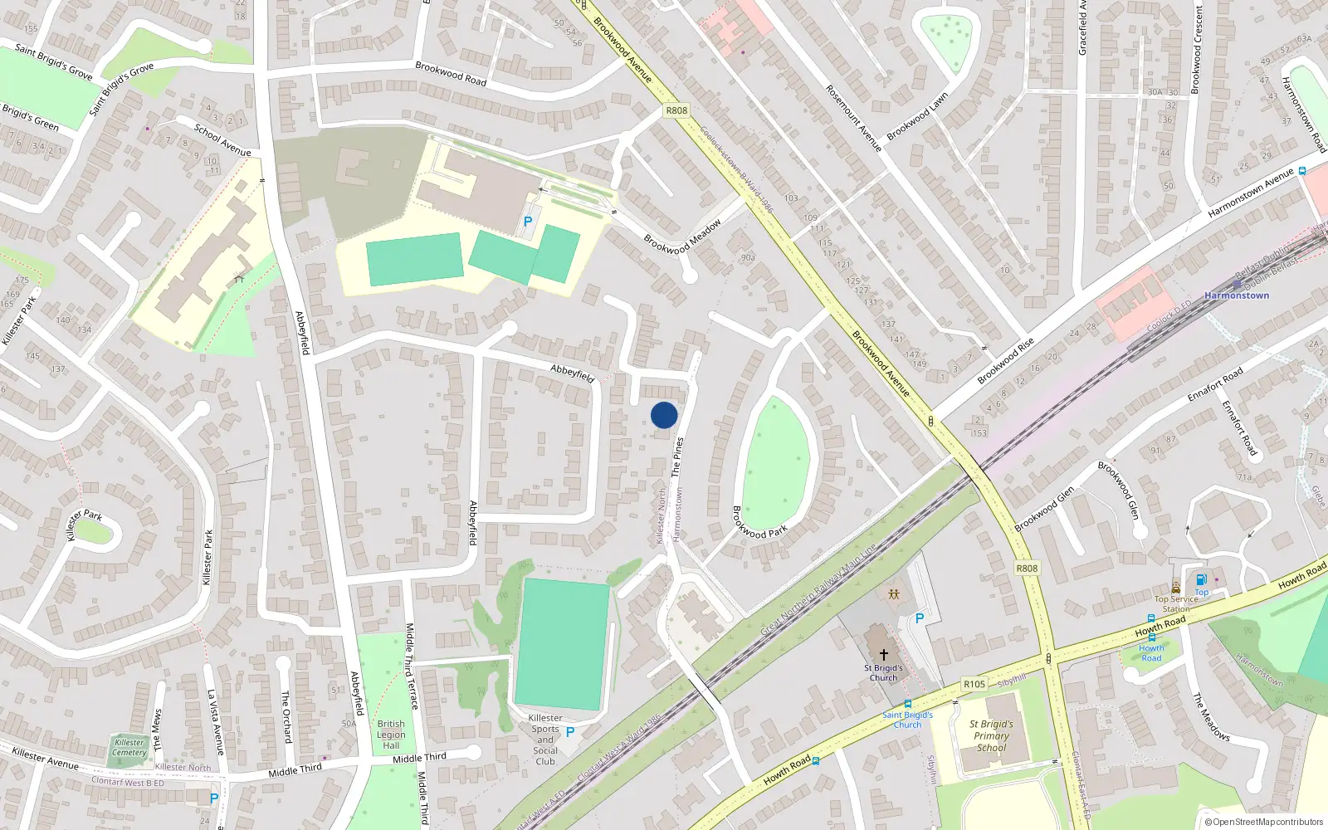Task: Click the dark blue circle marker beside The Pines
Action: [x=664, y=415]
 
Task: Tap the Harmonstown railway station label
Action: [x=1236, y=295]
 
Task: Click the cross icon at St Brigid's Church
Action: [x=884, y=655]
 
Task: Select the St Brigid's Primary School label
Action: [x=991, y=735]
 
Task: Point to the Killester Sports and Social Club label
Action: [x=545, y=740]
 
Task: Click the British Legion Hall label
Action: [x=391, y=735]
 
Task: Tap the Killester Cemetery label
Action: [x=129, y=748]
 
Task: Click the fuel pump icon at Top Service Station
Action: [x=1201, y=580]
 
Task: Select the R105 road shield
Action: [x=974, y=685]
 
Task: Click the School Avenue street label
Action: [x=222, y=139]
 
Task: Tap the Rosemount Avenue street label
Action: [x=853, y=117]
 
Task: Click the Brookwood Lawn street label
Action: [x=917, y=117]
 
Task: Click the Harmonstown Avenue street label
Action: [x=1251, y=193]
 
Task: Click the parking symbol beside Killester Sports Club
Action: [x=570, y=732]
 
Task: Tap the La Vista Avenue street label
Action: [x=216, y=722]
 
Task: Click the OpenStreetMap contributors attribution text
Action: [x=1263, y=822]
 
